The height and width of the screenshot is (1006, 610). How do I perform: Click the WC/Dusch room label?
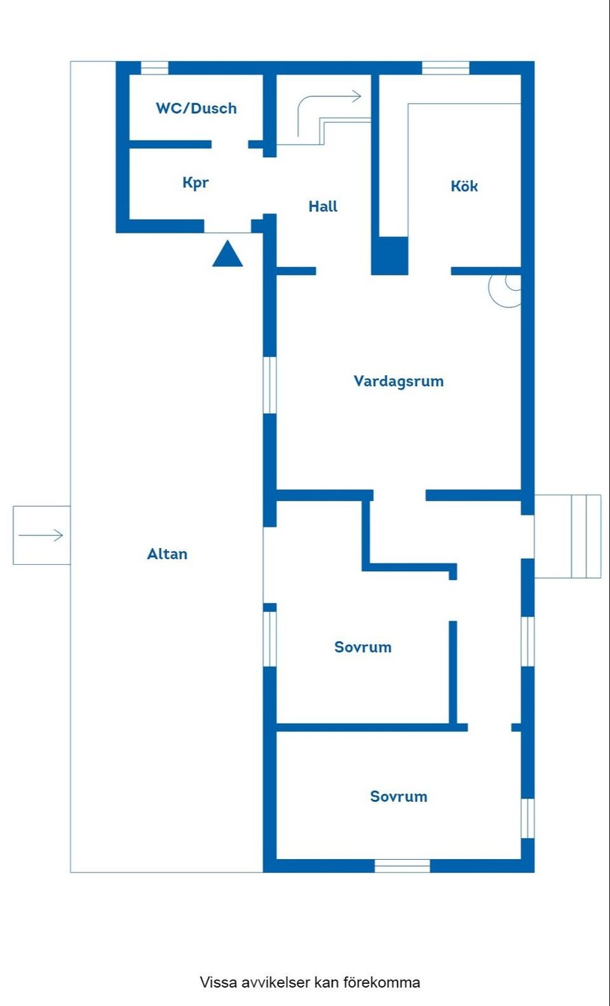tap(196, 108)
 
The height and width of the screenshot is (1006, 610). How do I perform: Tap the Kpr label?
tap(195, 183)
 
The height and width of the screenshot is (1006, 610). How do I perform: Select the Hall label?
tap(323, 206)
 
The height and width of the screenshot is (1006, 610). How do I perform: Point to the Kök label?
tap(464, 186)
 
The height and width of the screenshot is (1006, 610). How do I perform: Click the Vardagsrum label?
tap(398, 381)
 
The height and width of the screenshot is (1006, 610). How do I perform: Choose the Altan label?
tap(167, 554)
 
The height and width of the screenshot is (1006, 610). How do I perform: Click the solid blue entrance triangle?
tap(227, 254)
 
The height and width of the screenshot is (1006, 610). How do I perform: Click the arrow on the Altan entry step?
tap(41, 535)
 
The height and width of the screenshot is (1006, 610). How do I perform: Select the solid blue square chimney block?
tap(390, 256)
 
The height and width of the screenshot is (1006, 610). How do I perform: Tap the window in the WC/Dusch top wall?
tap(154, 67)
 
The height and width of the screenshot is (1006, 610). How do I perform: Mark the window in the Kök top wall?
tap(445, 67)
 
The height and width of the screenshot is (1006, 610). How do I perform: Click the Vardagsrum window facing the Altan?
tap(270, 385)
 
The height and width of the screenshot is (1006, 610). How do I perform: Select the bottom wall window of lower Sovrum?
tap(402, 865)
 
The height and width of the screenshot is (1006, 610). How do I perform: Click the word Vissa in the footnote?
tap(219, 982)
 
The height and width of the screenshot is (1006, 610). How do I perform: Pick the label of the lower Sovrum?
tap(398, 796)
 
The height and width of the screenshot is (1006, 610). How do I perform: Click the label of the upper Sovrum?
tap(363, 647)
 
